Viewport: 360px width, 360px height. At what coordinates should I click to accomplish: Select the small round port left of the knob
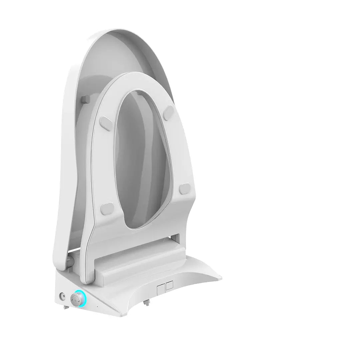(x=62, y=295)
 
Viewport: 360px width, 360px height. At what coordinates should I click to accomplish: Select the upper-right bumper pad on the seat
(x=169, y=111)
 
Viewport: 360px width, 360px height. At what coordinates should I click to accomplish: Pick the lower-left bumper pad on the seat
(x=107, y=209)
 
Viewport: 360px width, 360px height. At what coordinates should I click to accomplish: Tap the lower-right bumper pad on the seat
(x=185, y=188)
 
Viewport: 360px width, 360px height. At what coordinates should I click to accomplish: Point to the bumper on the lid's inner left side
(x=86, y=99)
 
